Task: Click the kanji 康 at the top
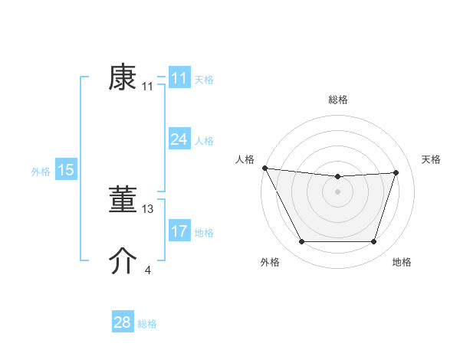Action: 123,78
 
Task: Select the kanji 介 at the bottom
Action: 123,262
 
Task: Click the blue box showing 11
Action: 179,79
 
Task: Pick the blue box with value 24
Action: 179,139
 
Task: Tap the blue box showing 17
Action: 179,231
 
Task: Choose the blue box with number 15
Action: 66,170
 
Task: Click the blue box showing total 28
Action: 123,322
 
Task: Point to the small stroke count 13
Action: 148,208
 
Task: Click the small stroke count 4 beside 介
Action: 148,270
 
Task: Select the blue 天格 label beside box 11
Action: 204,80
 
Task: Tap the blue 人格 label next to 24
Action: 204,141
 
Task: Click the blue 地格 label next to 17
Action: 204,233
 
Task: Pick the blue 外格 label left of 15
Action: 41,172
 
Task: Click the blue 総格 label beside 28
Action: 147,324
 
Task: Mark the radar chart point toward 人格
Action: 264,168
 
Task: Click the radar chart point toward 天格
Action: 396,172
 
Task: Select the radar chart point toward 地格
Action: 374,242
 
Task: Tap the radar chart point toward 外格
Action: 301,242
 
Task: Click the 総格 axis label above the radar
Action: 338,100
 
